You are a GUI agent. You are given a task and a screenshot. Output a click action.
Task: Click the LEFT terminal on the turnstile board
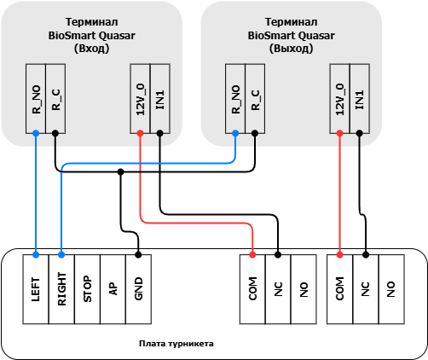[36, 289]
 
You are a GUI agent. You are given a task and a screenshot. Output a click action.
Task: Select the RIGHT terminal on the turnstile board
[61, 289]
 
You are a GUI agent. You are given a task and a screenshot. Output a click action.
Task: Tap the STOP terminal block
[87, 289]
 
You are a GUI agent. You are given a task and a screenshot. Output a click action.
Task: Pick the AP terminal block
[113, 289]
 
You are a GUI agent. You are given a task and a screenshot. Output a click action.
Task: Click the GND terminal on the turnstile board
[138, 289]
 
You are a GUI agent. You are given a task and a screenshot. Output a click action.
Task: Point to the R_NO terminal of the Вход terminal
[36, 99]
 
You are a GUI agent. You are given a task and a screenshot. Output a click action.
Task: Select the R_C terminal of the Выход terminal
[255, 99]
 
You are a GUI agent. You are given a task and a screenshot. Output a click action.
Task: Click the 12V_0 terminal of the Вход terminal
[140, 99]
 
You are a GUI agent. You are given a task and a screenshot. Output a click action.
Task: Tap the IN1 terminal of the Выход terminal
[360, 99]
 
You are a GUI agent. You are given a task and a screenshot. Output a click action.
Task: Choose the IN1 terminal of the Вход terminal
[160, 99]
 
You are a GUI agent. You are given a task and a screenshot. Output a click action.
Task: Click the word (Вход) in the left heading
[91, 49]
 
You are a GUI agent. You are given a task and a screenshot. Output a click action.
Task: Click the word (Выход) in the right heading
[291, 49]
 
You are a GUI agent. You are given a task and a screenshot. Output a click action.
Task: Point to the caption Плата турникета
[176, 344]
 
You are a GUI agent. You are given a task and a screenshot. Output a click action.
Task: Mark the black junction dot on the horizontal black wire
[120, 171]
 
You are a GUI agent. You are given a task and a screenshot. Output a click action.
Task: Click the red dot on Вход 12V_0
[140, 133]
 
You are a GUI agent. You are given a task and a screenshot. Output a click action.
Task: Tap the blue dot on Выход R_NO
[235, 133]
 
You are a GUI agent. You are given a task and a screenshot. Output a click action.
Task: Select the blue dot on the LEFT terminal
[36, 254]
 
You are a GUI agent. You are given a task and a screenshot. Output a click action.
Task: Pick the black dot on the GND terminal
[138, 254]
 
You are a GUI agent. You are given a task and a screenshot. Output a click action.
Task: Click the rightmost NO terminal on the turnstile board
[391, 289]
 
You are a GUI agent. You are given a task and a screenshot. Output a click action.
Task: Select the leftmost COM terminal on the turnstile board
[252, 289]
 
